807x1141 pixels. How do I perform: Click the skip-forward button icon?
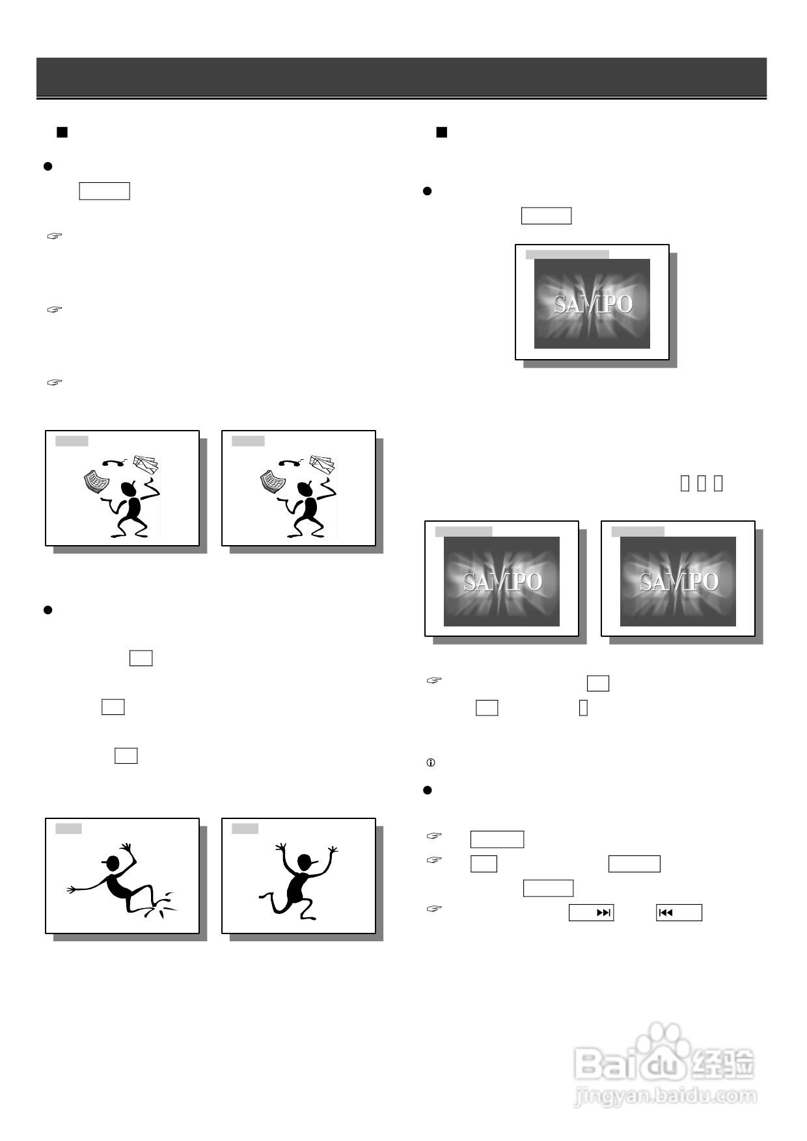click(x=604, y=913)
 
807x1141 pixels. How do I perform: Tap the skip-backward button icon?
click(x=665, y=913)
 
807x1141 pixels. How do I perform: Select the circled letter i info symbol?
click(x=430, y=762)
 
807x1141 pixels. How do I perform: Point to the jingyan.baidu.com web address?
click(x=665, y=1096)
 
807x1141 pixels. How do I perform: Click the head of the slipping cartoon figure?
click(x=113, y=863)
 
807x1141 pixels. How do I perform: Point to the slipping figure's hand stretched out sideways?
click(x=72, y=889)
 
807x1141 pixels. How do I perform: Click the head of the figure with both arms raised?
click(x=304, y=863)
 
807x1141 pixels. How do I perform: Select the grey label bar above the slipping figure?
click(x=68, y=828)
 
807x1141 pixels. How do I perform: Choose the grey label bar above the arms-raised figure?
click(x=245, y=828)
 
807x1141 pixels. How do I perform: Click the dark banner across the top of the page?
click(x=402, y=77)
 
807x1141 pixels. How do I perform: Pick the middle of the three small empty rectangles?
click(x=702, y=483)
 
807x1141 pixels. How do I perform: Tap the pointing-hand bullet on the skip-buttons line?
click(x=434, y=908)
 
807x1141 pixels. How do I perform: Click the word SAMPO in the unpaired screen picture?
click(x=592, y=304)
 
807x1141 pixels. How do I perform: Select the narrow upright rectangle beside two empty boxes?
click(x=583, y=708)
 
